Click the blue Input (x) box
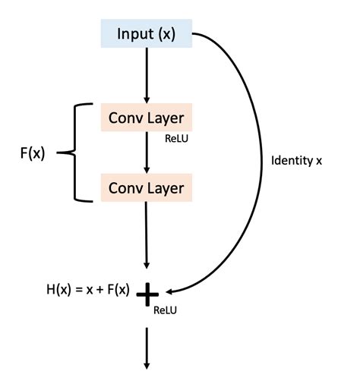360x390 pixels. [147, 35]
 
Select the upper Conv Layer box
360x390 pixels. [147, 118]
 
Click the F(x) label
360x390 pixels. [32, 153]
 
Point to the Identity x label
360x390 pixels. [297, 161]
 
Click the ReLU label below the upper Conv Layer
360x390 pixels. [175, 140]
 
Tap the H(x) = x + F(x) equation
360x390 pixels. [88, 290]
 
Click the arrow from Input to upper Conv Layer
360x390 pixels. [147, 76]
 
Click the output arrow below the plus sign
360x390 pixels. [147, 345]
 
